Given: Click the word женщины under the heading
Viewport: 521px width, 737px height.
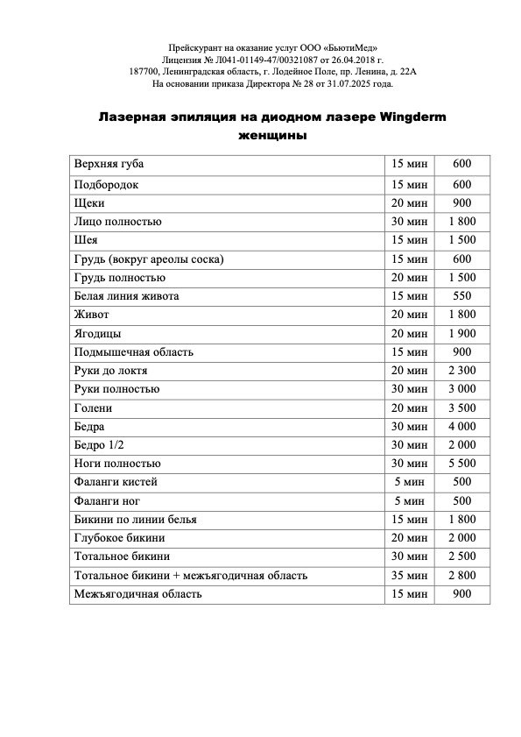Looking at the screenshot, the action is tap(271, 137).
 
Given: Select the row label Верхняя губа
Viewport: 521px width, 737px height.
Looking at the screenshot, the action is tap(109, 164).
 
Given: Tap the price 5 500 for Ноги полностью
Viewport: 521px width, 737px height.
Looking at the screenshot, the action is tap(461, 464).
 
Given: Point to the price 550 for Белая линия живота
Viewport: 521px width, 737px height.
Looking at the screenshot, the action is tap(461, 296).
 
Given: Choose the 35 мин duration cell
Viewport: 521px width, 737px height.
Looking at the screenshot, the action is tap(410, 575).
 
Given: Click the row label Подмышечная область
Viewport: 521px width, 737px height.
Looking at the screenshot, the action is tap(134, 352).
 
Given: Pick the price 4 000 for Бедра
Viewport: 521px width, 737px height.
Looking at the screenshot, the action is tap(461, 427).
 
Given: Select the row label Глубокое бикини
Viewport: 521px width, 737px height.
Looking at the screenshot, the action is tap(120, 538).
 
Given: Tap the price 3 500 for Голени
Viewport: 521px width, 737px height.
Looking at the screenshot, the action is tap(461, 408).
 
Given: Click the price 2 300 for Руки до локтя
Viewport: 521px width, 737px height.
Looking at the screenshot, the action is tap(461, 371).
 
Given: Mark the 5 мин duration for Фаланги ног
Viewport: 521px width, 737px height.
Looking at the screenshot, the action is tap(410, 501).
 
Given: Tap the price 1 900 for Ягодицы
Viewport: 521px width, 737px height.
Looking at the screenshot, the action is tap(461, 334).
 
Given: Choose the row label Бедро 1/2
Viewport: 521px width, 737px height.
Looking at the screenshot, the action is tap(100, 445).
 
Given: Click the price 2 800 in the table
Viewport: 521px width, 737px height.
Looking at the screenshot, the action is tap(461, 575).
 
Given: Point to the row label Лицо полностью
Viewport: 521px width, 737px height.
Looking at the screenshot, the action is tap(118, 222).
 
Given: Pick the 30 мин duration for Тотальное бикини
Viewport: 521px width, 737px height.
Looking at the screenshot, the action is tap(410, 556).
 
